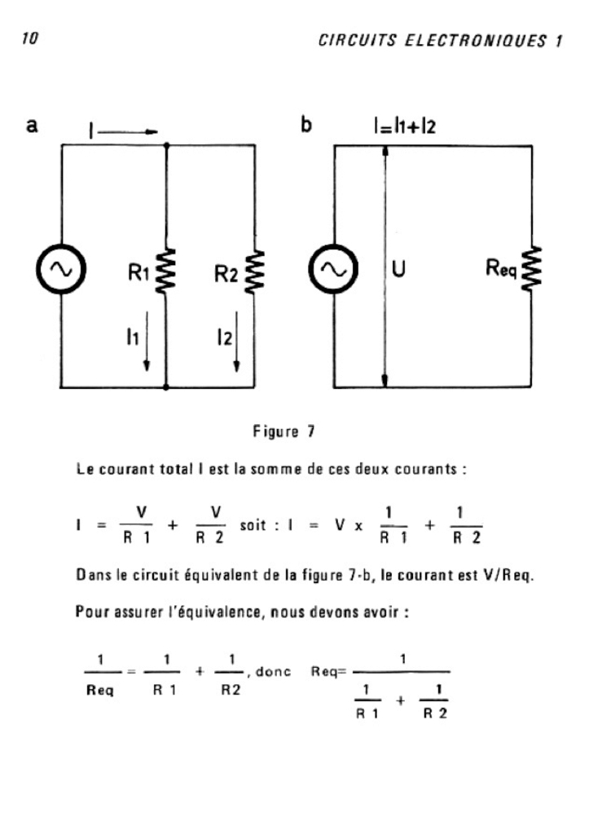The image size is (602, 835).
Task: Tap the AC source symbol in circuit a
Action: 62,270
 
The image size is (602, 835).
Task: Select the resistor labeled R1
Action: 167,270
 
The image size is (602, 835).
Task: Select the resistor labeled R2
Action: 255,270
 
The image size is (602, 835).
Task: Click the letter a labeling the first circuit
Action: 33,126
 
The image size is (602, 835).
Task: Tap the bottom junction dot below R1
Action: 166,388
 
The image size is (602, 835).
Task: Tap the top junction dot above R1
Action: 166,146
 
